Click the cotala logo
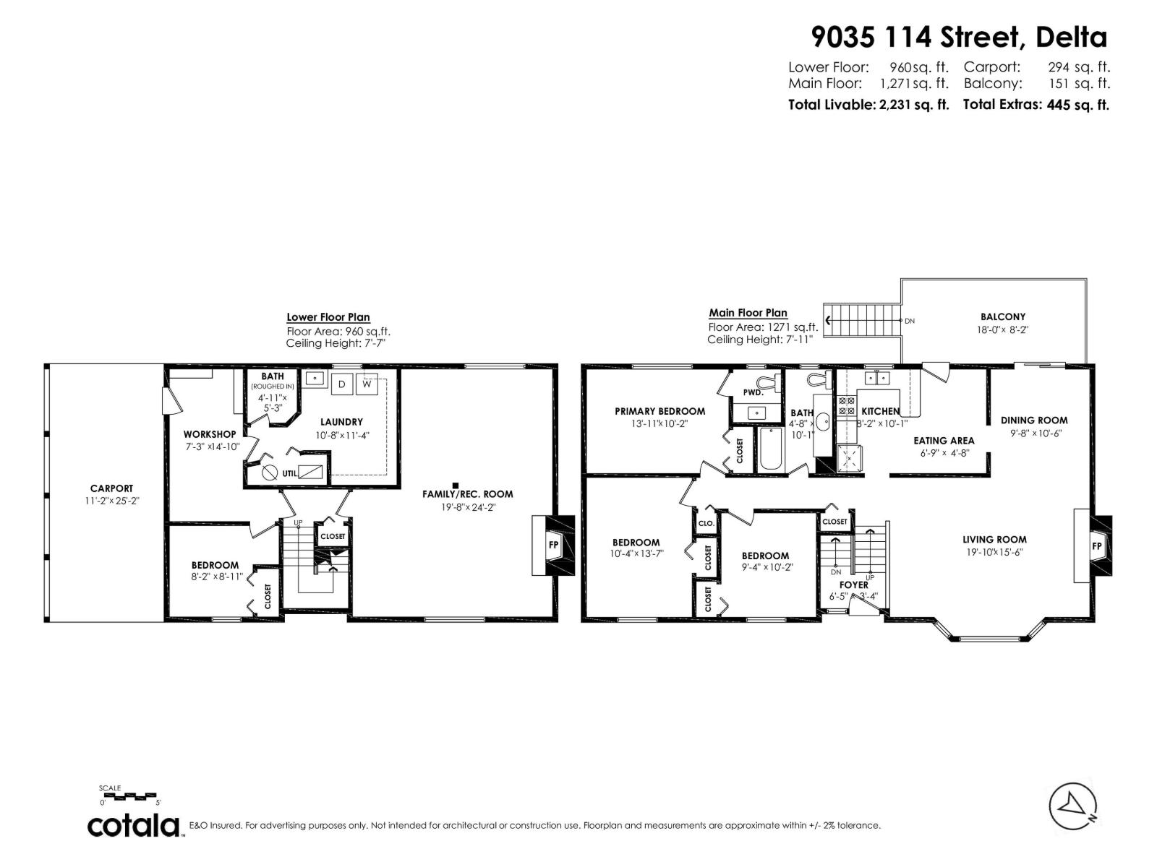(135, 825)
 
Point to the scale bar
(130, 795)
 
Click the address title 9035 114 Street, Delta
(959, 36)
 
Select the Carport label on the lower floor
(111, 488)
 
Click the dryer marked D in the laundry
(342, 384)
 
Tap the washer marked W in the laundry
(367, 384)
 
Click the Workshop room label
(209, 434)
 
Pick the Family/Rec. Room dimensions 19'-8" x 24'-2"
(467, 507)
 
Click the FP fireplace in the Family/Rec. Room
(554, 545)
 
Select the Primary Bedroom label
(659, 411)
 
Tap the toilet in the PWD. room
(765, 381)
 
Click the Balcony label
(1002, 316)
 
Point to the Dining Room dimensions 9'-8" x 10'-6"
(1033, 433)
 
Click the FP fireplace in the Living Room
(1096, 546)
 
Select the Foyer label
(853, 585)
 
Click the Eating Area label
(943, 440)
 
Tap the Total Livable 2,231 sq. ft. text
(868, 104)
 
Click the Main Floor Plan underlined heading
(748, 313)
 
